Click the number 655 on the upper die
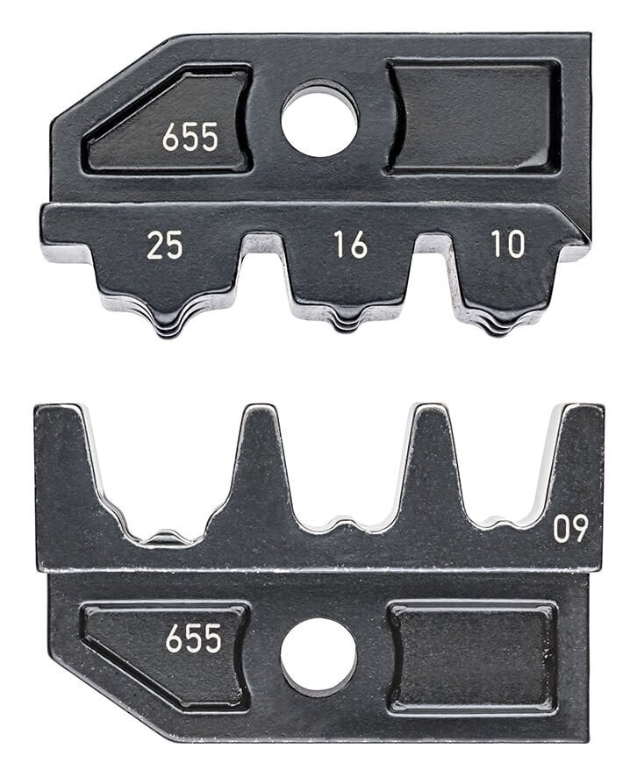(190, 138)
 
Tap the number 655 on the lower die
(193, 638)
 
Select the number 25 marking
(164, 246)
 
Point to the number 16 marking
(349, 245)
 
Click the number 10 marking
(508, 244)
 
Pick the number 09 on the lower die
(570, 528)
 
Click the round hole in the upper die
(319, 119)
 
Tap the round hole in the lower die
(318, 656)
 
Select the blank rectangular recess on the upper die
(474, 118)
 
